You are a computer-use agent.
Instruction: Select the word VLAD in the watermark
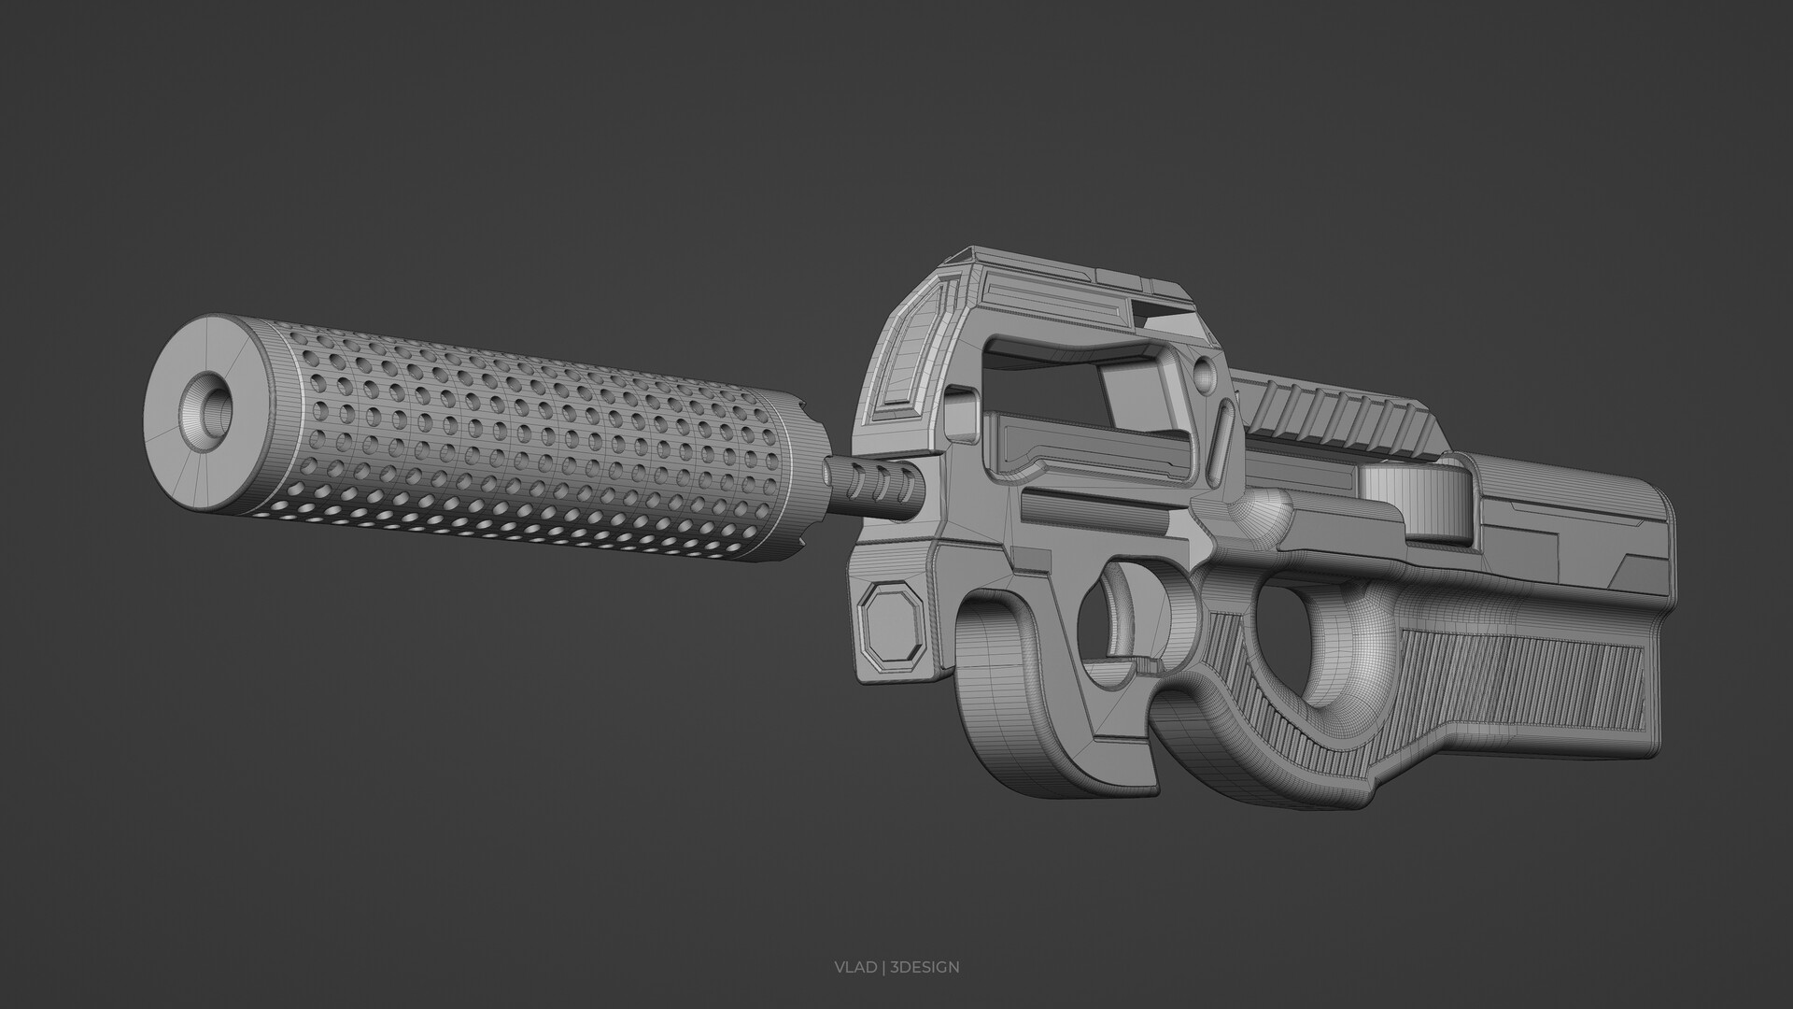pos(855,967)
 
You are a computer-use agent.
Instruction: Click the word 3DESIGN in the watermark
pos(925,967)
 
